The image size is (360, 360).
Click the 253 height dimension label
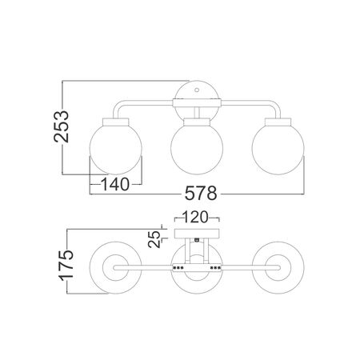(62, 126)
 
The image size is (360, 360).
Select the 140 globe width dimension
(115, 184)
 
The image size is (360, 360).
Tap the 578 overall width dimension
(201, 194)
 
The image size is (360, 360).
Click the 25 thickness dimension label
(154, 239)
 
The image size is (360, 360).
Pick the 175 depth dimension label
(66, 265)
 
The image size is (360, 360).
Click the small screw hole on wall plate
(197, 90)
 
